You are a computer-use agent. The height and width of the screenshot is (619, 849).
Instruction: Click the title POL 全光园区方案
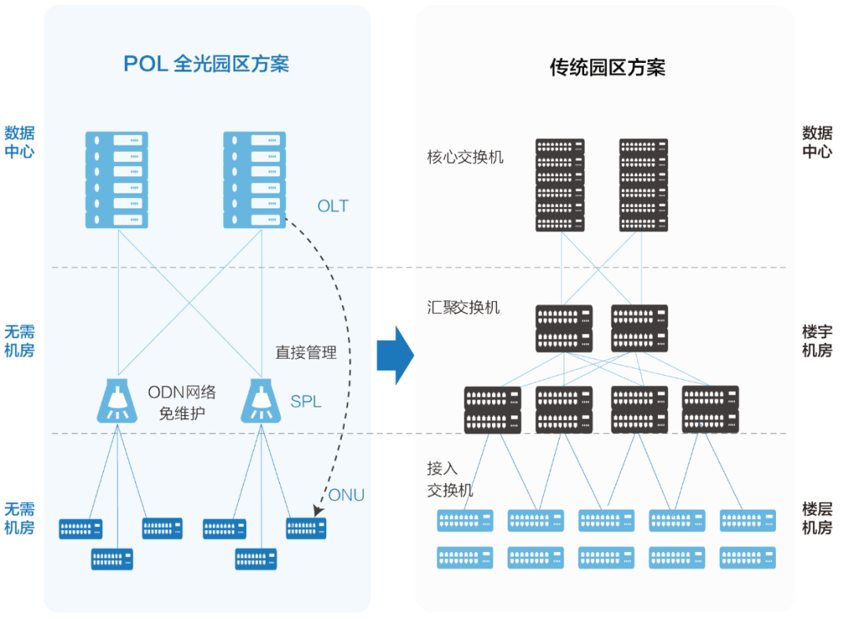(206, 64)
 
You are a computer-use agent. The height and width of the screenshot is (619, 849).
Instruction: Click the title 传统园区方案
(607, 68)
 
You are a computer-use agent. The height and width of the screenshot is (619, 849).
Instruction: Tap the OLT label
(333, 206)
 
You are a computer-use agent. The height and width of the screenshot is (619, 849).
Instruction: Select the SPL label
(306, 401)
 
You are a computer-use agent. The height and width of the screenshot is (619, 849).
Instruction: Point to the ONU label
(346, 495)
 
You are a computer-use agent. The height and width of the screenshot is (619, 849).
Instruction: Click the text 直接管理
(306, 352)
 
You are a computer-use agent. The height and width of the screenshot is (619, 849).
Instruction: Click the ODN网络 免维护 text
(182, 401)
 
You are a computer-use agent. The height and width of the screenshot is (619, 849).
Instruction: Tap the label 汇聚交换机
(463, 307)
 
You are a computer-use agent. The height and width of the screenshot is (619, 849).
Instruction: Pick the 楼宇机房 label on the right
(817, 341)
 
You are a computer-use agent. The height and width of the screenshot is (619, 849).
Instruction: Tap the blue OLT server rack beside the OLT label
(254, 180)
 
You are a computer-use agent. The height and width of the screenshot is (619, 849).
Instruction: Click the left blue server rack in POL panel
(116, 180)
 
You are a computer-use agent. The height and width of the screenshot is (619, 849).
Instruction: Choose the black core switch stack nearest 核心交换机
(560, 185)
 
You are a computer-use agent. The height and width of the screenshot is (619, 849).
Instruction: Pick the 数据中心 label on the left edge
(20, 142)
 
